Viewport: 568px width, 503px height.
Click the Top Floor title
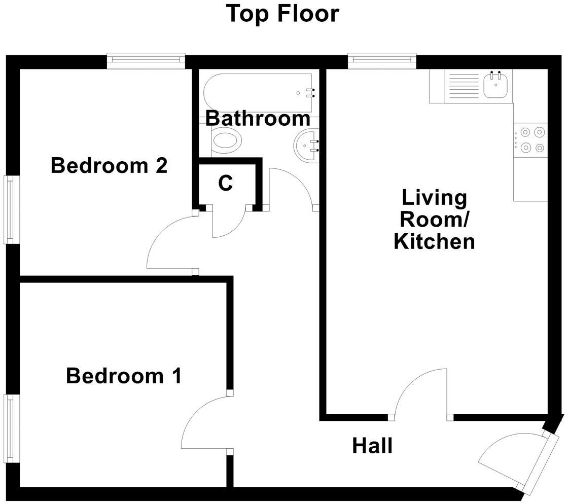[282, 14]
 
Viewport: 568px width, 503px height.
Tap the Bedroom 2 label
[109, 166]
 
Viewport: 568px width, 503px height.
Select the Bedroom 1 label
[124, 376]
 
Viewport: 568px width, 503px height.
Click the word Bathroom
[258, 119]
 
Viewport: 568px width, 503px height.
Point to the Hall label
[372, 446]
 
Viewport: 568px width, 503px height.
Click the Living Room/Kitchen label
[434, 220]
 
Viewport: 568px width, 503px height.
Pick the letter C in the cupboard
[225, 184]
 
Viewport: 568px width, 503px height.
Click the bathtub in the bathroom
[259, 93]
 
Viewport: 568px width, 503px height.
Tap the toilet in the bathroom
[226, 140]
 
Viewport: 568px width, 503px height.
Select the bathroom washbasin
[306, 145]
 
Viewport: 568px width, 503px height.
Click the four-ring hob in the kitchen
[531, 140]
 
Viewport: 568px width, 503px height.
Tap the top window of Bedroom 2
[146, 61]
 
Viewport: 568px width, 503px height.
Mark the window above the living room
[382, 61]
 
